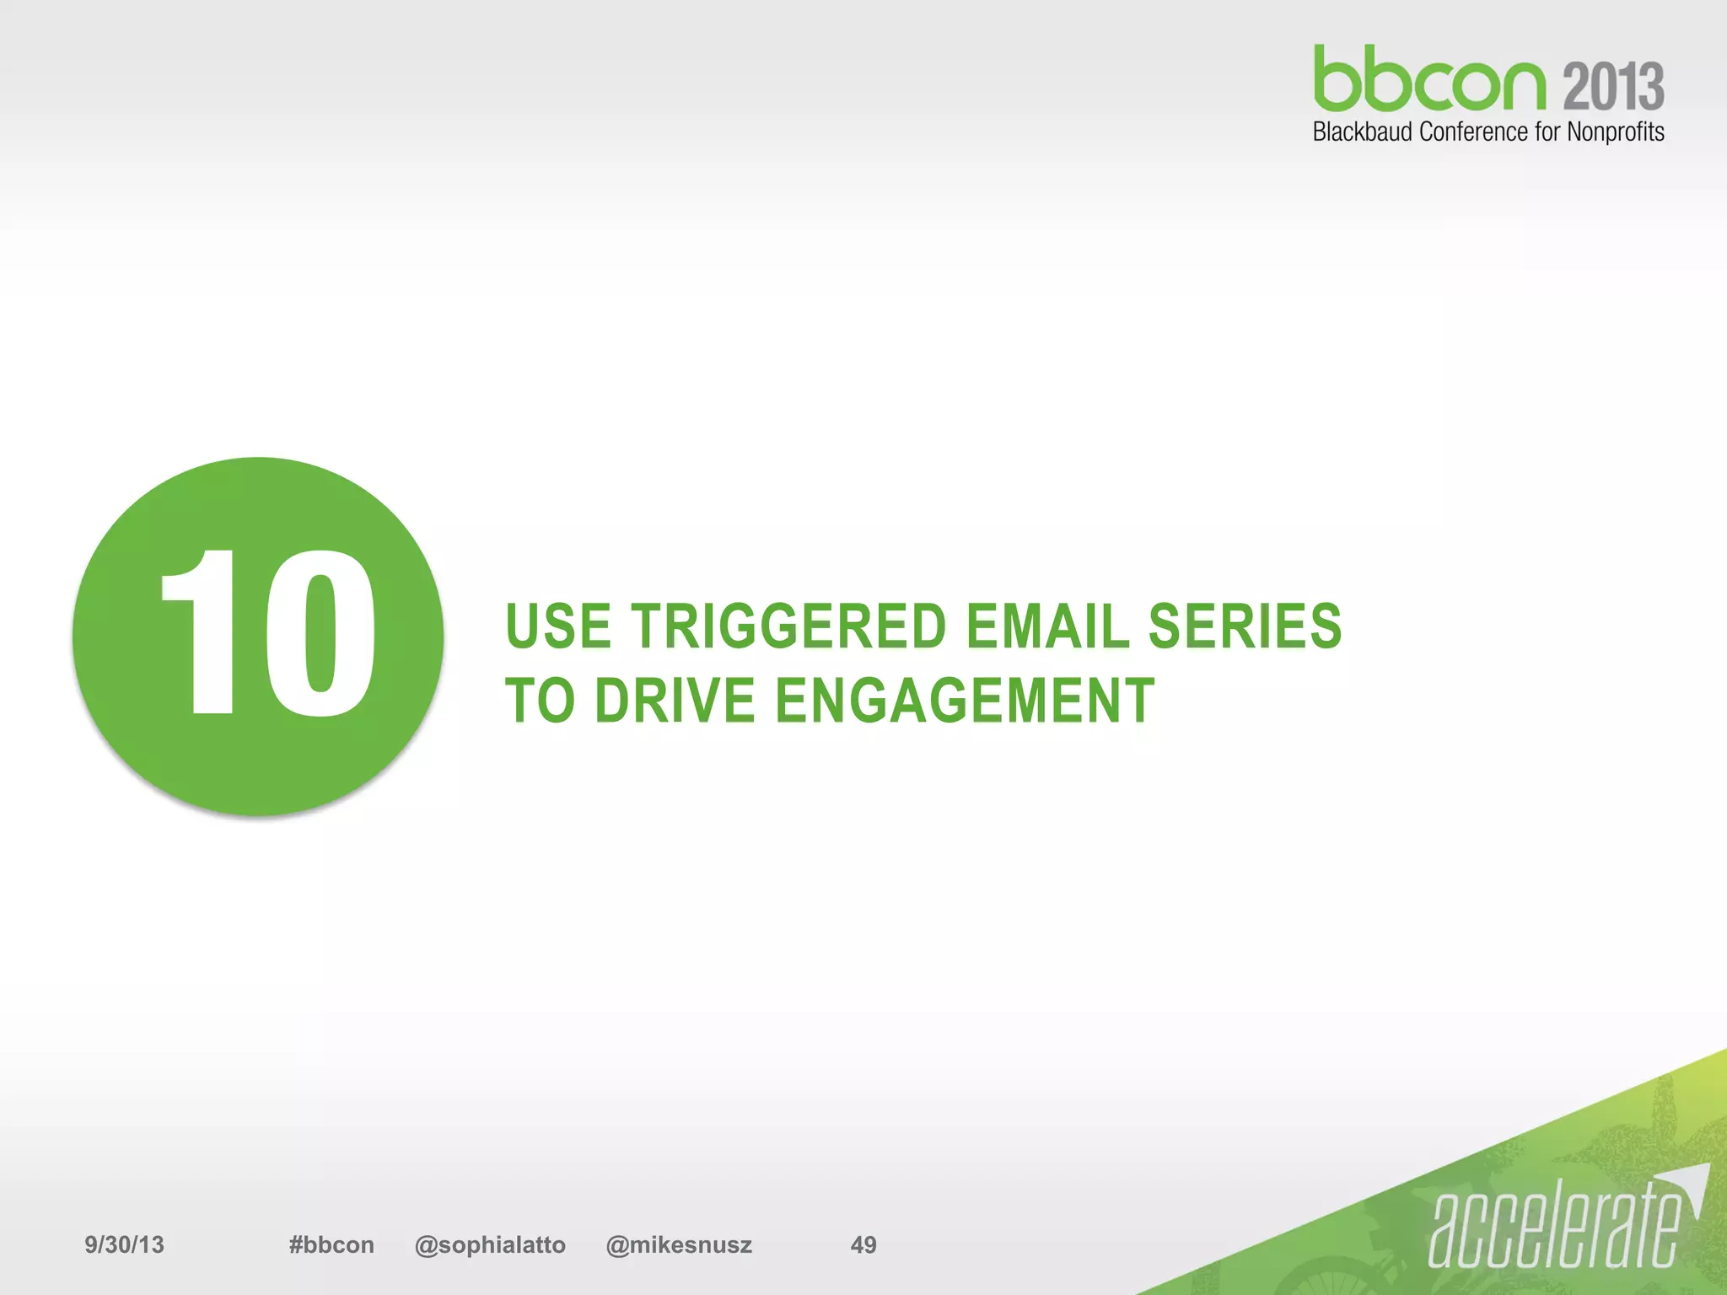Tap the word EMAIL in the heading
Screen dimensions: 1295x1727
click(x=1046, y=626)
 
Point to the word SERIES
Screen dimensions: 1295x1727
click(x=1245, y=626)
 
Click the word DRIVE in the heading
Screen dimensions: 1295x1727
click(x=675, y=701)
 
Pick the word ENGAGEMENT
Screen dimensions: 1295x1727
click(x=964, y=701)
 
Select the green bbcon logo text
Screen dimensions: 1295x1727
click(x=1429, y=79)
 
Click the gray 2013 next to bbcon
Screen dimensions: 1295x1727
click(x=1614, y=86)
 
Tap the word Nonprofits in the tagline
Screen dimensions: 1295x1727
click(x=1615, y=132)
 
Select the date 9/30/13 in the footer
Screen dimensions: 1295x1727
click(x=124, y=1244)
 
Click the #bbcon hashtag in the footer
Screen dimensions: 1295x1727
click(x=331, y=1244)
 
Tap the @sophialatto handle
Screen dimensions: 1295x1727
click(x=490, y=1244)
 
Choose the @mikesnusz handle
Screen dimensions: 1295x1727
click(x=679, y=1244)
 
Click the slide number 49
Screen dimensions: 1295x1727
click(x=863, y=1244)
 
